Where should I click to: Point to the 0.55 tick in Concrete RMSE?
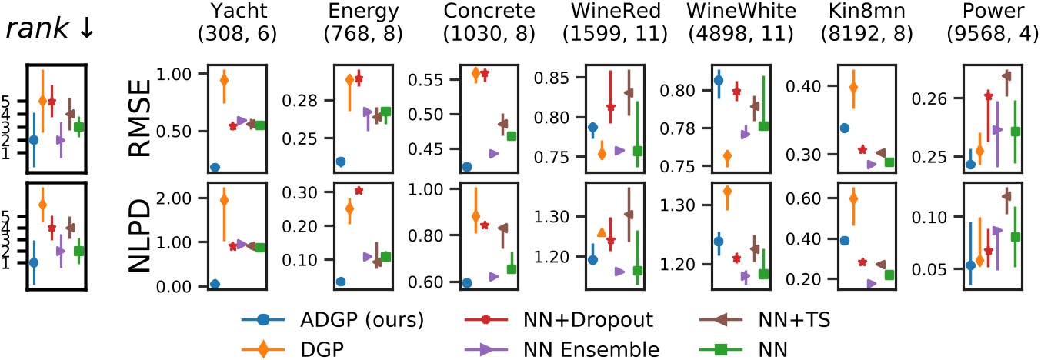click(x=390, y=79)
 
